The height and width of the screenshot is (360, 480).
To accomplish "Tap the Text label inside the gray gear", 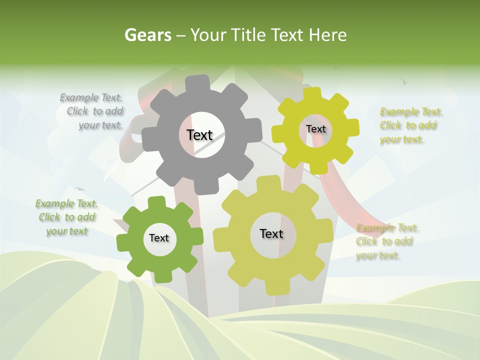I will click(x=199, y=135).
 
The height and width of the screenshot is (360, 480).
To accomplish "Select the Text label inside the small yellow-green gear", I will click(x=315, y=129).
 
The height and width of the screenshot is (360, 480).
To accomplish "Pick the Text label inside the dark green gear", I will click(x=159, y=238).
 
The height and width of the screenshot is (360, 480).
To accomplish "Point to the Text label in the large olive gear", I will click(x=271, y=234).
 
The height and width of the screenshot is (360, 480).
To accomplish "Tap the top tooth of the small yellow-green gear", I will click(x=312, y=93).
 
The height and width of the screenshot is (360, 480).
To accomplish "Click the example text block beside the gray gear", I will click(x=92, y=111).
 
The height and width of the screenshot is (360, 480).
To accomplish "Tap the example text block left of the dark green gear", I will click(x=67, y=217).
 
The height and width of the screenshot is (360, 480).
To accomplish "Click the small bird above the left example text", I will click(x=79, y=189).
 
